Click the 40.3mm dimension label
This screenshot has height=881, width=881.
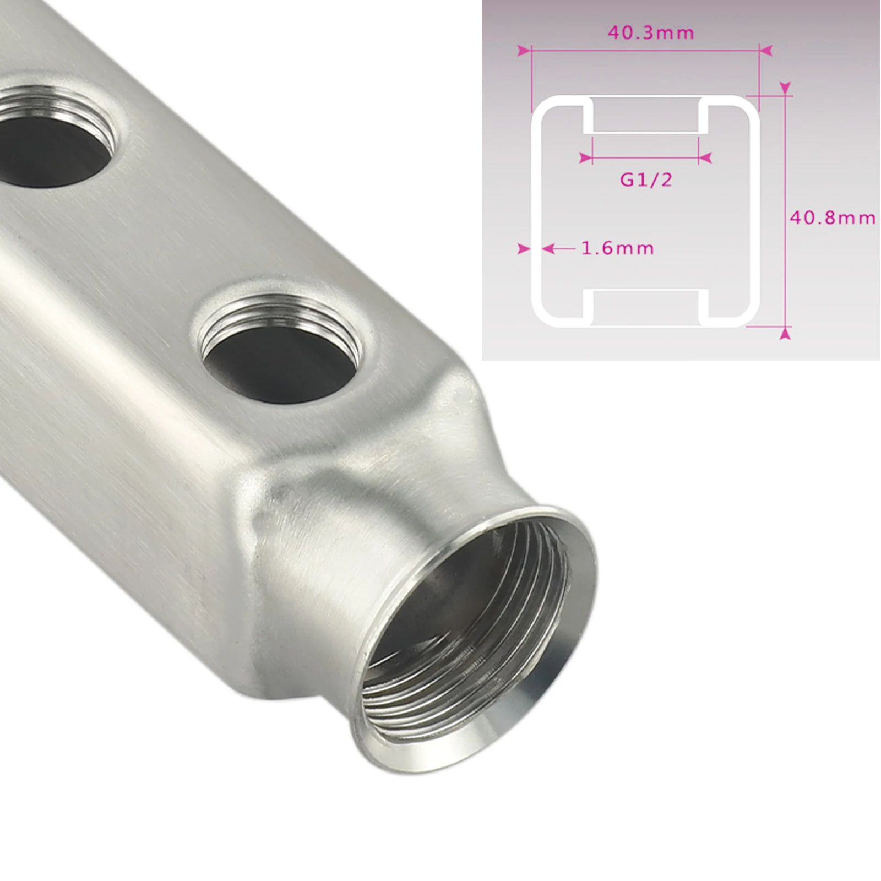(x=651, y=33)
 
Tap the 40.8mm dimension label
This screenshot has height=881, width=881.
(x=833, y=218)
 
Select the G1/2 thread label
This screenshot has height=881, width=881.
(x=646, y=180)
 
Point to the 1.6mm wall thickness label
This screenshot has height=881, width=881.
(x=618, y=248)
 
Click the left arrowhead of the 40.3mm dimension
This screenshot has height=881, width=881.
(x=524, y=51)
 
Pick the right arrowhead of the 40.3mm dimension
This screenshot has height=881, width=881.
(x=765, y=51)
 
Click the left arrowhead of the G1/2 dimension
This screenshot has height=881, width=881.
(x=586, y=158)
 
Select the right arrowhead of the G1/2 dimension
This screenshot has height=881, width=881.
(x=705, y=158)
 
